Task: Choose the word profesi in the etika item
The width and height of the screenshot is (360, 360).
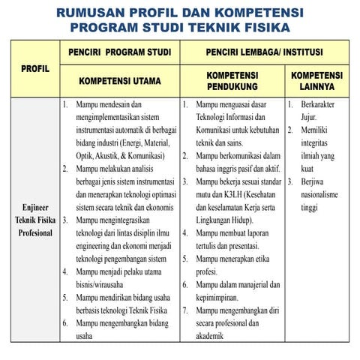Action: click(209, 271)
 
